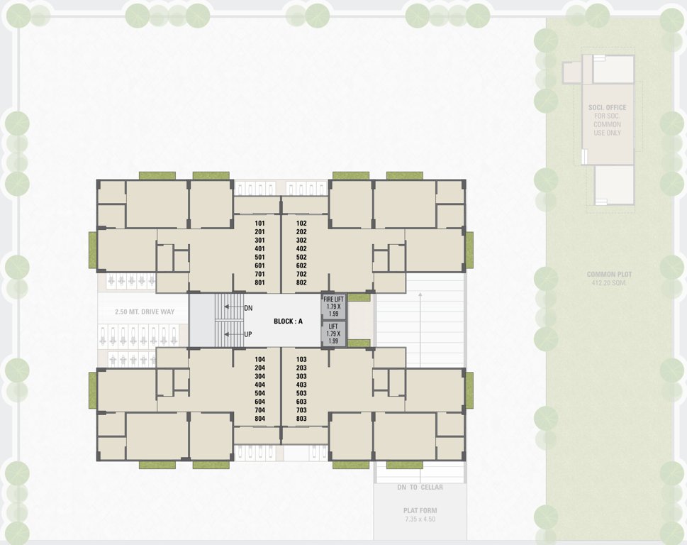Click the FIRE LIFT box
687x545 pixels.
[333, 306]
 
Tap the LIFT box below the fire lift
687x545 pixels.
[333, 334]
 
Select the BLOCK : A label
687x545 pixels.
[288, 321]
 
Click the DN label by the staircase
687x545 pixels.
[248, 308]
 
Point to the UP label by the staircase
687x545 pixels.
[248, 334]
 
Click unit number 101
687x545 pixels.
[259, 223]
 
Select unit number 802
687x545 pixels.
[301, 282]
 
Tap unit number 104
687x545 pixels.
[259, 360]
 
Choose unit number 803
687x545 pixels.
[301, 419]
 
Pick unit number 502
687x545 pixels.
[301, 257]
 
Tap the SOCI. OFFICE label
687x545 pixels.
[607, 108]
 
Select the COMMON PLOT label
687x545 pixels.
[609, 274]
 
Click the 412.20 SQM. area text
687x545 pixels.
[609, 282]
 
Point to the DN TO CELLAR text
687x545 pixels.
[420, 487]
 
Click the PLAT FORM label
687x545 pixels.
[420, 510]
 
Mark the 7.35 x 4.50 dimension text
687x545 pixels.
[420, 519]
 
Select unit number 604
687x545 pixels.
[259, 402]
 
